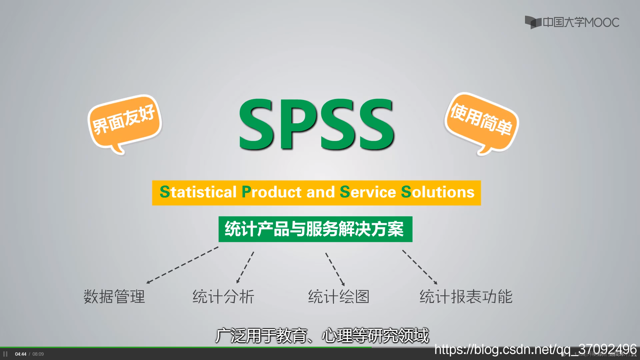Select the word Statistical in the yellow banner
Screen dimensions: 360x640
pyautogui.click(x=198, y=192)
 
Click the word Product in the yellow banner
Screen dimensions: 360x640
pyautogui.click(x=271, y=192)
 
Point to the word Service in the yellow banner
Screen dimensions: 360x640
pyautogui.click(x=368, y=192)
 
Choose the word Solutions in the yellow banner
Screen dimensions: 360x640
pyautogui.click(x=437, y=192)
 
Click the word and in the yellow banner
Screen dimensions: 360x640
pyautogui.click(x=320, y=192)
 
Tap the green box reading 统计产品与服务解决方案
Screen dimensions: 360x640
pyautogui.click(x=315, y=229)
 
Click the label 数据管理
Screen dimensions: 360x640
pyautogui.click(x=114, y=296)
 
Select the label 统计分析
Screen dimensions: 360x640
pyautogui.click(x=223, y=296)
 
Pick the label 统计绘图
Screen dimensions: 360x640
pyautogui.click(x=339, y=296)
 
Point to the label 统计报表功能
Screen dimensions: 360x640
pyautogui.click(x=466, y=296)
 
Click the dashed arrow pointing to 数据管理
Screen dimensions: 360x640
pyautogui.click(x=182, y=265)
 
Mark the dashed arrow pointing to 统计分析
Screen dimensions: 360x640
pyautogui.click(x=245, y=268)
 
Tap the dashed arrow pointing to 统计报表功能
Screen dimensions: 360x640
pyautogui.click(x=420, y=267)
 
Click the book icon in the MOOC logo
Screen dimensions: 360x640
pyautogui.click(x=533, y=22)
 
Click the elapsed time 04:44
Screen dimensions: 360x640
pyautogui.click(x=21, y=354)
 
